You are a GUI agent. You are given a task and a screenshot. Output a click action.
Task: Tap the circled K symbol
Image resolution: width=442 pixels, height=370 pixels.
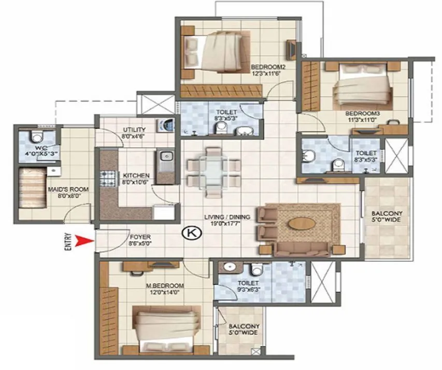click(191, 233)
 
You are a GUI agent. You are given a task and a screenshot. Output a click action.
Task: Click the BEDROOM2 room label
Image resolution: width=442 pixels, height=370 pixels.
click(268, 67)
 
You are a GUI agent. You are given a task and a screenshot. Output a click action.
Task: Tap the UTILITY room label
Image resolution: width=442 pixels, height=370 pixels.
click(134, 129)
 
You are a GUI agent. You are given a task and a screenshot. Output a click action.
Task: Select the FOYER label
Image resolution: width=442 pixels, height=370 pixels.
click(139, 237)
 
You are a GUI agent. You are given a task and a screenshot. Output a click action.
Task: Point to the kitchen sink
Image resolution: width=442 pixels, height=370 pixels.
click(166, 156)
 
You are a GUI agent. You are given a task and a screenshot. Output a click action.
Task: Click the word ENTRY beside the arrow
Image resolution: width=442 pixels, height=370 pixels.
click(68, 241)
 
